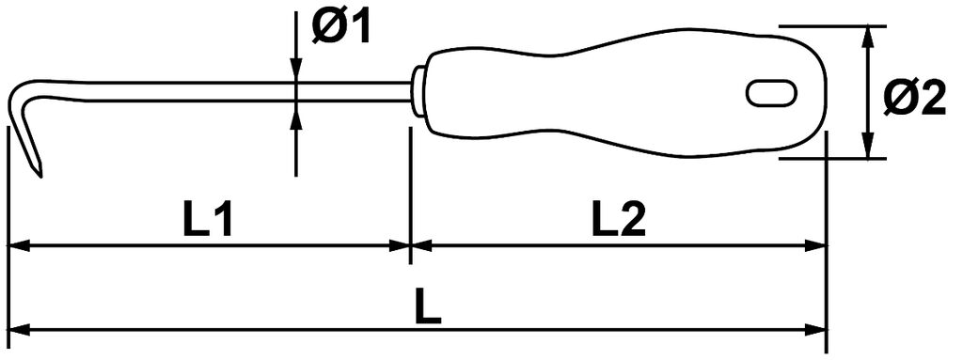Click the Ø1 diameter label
click(340, 29)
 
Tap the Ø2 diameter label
click(914, 99)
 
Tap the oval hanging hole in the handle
click(772, 93)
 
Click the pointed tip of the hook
click(40, 177)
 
